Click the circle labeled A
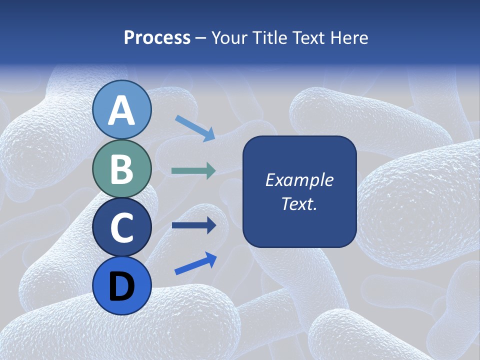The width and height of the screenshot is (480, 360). (122, 109)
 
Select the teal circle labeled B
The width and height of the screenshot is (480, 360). (122, 168)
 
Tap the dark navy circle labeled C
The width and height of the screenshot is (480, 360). (122, 227)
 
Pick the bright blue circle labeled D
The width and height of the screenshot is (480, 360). (122, 285)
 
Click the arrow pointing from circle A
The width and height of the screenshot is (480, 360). (195, 128)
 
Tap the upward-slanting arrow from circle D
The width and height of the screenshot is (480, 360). (195, 263)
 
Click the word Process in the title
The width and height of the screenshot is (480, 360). (157, 37)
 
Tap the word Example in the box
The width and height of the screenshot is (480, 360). (299, 180)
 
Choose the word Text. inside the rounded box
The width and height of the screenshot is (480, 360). (299, 203)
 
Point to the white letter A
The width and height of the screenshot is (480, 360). (122, 111)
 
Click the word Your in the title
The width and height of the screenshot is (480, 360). (230, 37)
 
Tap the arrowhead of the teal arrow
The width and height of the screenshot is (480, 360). (211, 171)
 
